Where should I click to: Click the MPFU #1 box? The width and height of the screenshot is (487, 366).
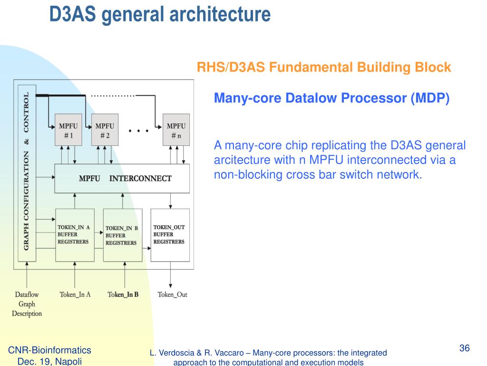coord(68,130)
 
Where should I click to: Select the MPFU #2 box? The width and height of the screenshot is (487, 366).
coord(105,130)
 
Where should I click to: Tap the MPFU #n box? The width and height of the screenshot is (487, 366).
coord(176,130)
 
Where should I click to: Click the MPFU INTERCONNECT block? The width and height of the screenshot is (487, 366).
coord(122,179)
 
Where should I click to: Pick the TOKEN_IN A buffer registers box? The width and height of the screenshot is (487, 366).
coord(75,235)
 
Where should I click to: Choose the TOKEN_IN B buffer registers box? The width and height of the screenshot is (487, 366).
coord(123,235)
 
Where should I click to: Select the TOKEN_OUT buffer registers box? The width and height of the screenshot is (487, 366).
coord(170,235)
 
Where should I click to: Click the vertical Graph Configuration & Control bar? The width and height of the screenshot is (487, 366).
coord(27,173)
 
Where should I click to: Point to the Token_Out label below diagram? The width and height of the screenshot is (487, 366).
coord(172,295)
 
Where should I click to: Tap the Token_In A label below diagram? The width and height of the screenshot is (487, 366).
coord(75,295)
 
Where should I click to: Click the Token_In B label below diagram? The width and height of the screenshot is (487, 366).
coord(123,295)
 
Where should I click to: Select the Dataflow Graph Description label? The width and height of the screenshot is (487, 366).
coord(27,304)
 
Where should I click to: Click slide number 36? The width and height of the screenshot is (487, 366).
coord(464,348)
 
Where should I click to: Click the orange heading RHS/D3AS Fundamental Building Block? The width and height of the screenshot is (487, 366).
coord(323,67)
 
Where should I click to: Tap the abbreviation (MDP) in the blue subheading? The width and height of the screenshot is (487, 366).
coord(430,98)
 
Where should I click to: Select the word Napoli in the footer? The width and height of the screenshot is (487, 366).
coord(68,361)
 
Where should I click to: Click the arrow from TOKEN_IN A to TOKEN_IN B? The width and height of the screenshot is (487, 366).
coord(99,233)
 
